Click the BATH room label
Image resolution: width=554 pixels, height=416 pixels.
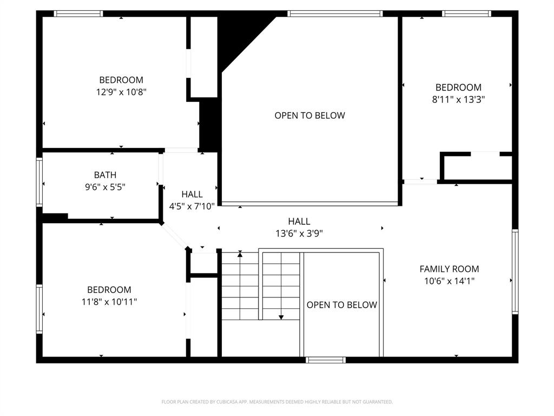(105, 175)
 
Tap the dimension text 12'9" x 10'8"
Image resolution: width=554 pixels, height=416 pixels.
(121, 92)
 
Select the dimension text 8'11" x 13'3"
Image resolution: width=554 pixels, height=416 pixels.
(458, 99)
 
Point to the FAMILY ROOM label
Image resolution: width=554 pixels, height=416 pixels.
(449, 269)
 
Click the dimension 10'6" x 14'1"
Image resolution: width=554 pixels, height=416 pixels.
(449, 281)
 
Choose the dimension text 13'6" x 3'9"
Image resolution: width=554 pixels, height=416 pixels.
(299, 233)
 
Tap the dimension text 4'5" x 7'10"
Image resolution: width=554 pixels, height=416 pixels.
(192, 206)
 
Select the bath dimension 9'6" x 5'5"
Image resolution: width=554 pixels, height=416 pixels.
(105, 187)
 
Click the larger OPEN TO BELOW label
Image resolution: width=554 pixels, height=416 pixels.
(309, 115)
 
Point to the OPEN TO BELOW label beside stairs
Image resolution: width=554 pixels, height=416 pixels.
(341, 305)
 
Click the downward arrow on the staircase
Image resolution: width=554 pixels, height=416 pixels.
(281, 317)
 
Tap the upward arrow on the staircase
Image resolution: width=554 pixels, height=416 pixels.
(240, 253)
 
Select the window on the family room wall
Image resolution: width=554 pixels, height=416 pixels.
(515, 271)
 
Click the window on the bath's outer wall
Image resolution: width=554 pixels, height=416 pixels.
(39, 181)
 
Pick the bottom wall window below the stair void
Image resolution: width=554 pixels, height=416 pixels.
(325, 360)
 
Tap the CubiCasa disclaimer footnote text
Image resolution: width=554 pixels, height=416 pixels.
(277, 402)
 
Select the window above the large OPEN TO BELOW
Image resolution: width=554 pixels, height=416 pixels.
(335, 14)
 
